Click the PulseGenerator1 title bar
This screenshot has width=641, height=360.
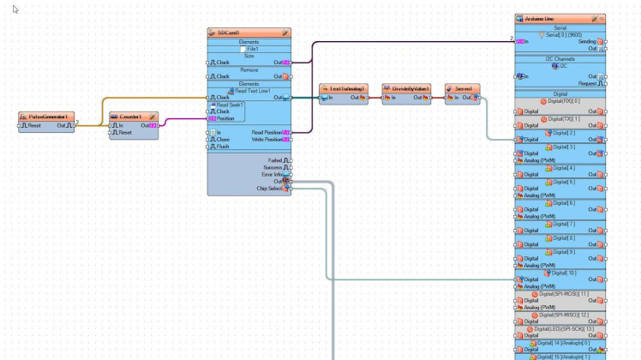click(46, 116)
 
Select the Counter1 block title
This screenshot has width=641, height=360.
click(130, 116)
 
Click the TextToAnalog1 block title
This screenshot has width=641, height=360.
click(347, 88)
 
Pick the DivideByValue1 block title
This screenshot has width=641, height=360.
click(409, 88)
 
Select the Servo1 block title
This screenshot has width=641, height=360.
click(464, 88)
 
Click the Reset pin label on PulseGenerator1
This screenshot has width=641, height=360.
click(35, 125)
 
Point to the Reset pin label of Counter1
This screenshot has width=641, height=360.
click(124, 133)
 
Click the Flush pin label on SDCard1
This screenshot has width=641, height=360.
click(223, 146)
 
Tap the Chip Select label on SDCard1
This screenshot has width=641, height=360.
click(268, 188)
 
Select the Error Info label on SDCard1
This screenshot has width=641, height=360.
click(273, 174)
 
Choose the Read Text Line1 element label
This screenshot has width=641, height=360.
click(254, 90)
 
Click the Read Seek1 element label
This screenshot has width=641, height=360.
click(230, 105)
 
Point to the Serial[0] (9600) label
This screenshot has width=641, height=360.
click(560, 33)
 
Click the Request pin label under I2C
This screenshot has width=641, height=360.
click(587, 83)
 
